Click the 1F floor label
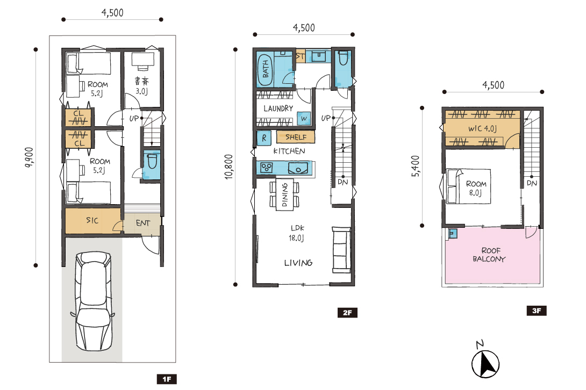tap(167, 379)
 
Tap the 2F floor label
tap(347, 313)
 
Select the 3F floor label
tap(537, 310)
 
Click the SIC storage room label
tap(92, 220)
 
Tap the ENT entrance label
tap(143, 223)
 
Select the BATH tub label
tap(266, 69)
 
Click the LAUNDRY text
tap(278, 109)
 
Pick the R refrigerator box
tap(264, 138)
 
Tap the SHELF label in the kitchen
tap(296, 137)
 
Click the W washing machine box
tap(304, 118)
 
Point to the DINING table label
tap(285, 194)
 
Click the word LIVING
tap(298, 263)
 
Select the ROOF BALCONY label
tap(490, 255)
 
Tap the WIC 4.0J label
tap(482, 128)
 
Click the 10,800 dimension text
tap(228, 167)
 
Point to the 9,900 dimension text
tap(29, 157)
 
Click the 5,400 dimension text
tap(416, 166)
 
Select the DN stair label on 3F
tap(532, 183)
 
